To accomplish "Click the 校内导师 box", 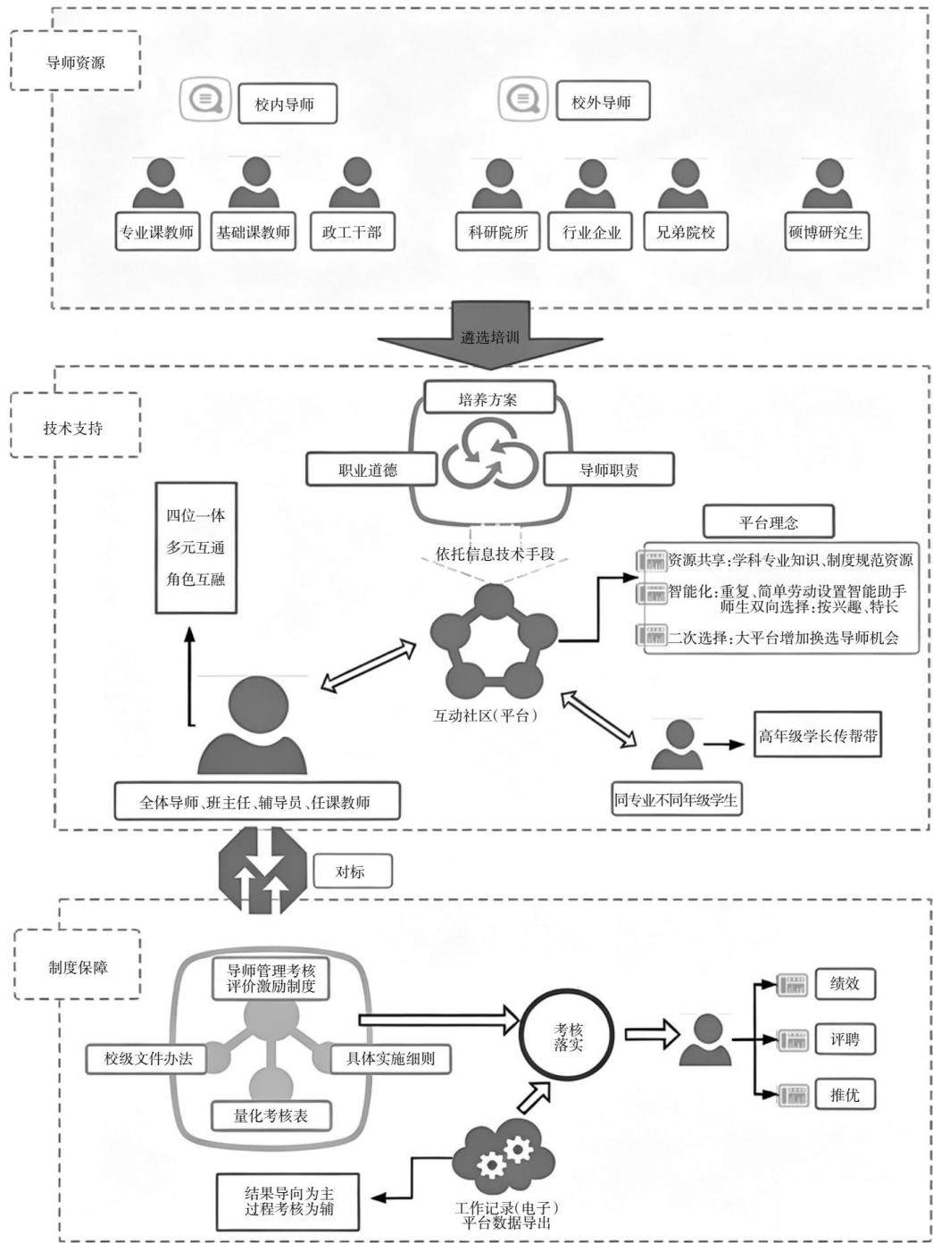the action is click(x=287, y=104).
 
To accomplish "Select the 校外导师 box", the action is click(x=602, y=101).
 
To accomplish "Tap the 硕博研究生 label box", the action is click(x=826, y=231).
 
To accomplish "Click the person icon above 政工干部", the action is click(x=354, y=183).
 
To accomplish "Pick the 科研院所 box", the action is click(x=497, y=231).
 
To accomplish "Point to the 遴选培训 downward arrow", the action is click(x=489, y=335).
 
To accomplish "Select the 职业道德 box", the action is click(x=371, y=469).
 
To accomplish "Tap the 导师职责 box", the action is click(x=609, y=469).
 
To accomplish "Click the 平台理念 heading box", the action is click(x=768, y=521).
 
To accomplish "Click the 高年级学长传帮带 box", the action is click(x=818, y=735).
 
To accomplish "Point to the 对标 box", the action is click(x=352, y=872).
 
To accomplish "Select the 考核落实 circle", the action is click(x=568, y=1037).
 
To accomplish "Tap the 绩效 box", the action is click(x=845, y=984).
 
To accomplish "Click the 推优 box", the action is click(x=845, y=1095).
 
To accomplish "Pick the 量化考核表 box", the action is click(x=271, y=1115).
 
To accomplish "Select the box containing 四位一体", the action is click(x=196, y=547).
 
